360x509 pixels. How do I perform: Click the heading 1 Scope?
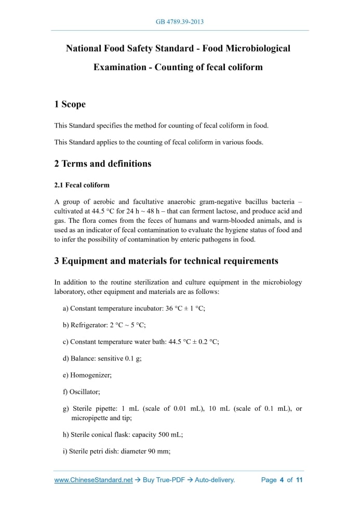(x=70, y=104)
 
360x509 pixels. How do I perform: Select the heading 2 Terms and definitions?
(x=102, y=164)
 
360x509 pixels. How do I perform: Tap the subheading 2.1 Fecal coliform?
(x=82, y=185)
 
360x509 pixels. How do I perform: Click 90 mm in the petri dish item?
(x=159, y=451)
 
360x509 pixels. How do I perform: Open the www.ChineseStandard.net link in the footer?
(x=94, y=480)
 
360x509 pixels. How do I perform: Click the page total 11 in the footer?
(x=299, y=480)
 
